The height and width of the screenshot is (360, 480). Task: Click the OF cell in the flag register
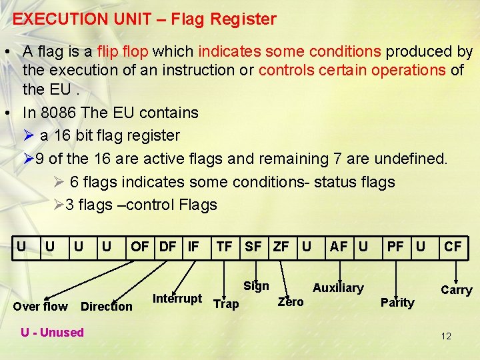click(x=140, y=247)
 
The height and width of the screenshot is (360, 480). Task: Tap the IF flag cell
click(x=193, y=247)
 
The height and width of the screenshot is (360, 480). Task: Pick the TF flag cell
click(x=224, y=247)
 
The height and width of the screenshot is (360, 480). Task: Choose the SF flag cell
click(x=253, y=247)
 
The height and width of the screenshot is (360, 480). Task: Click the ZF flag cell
click(x=281, y=247)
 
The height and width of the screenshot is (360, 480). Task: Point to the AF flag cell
click(x=339, y=247)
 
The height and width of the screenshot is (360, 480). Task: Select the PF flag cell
click(x=395, y=247)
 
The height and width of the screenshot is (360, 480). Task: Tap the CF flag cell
click(x=453, y=247)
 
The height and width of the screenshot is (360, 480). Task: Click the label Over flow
click(x=40, y=307)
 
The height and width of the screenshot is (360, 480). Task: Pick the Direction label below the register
click(x=106, y=307)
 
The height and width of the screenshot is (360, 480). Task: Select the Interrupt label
click(x=177, y=298)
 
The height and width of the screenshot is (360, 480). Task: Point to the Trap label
click(x=225, y=304)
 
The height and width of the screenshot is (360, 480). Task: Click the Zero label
click(x=290, y=302)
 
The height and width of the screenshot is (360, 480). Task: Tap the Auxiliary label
click(x=338, y=288)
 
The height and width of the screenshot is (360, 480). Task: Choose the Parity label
click(x=397, y=303)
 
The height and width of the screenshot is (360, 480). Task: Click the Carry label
click(x=456, y=290)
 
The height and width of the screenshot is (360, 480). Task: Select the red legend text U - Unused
click(x=52, y=332)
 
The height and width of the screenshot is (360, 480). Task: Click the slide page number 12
click(x=446, y=336)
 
